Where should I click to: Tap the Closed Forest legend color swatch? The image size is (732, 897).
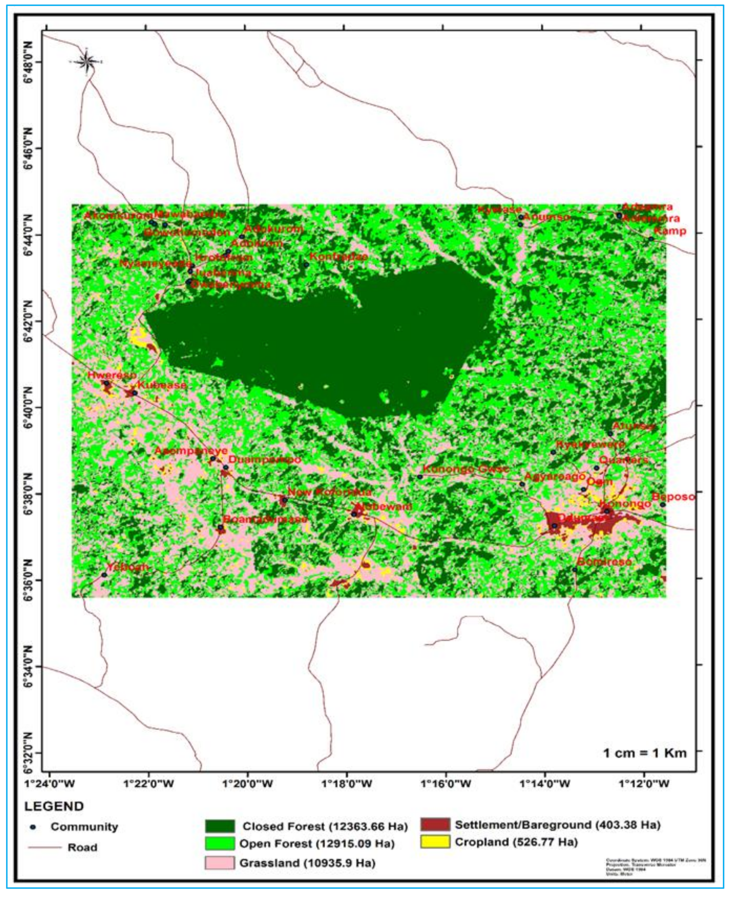click(220, 826)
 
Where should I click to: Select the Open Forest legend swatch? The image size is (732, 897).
click(220, 844)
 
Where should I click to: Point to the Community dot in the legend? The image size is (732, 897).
click(33, 827)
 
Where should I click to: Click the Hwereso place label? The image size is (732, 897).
click(112, 375)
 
